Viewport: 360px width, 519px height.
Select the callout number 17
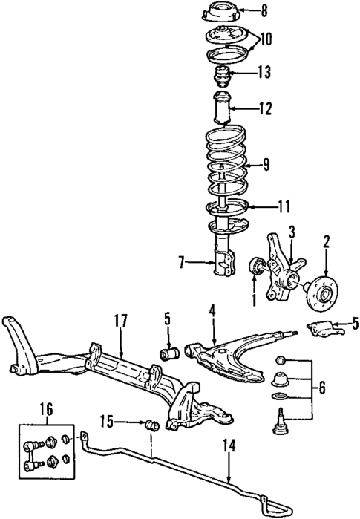coord(121,321)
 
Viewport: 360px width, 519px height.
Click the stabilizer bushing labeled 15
coord(153,426)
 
